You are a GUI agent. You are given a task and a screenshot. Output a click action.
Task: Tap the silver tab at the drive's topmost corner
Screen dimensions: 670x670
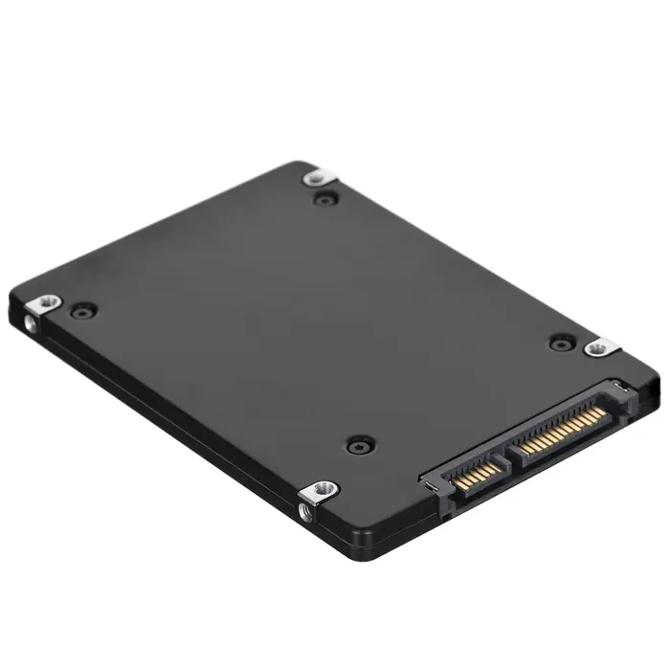click(x=317, y=177)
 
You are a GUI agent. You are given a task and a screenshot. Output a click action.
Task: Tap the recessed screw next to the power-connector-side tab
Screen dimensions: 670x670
click(x=561, y=342)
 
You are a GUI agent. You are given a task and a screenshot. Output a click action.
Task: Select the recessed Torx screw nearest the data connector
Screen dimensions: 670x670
click(x=358, y=445)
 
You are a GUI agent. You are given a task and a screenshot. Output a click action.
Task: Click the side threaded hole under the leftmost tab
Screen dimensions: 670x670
click(x=33, y=325)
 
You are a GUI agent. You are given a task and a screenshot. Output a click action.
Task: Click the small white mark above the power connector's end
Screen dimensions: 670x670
click(x=619, y=386)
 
